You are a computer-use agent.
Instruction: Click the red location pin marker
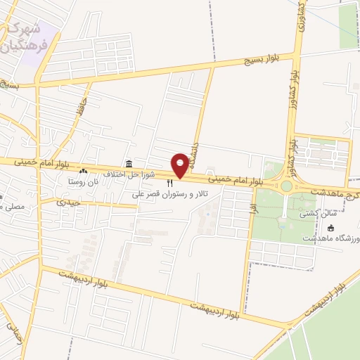pyautogui.click(x=181, y=162)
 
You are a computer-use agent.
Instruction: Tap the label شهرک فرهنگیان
pyautogui.click(x=25, y=38)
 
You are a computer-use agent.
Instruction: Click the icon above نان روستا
pyautogui.click(x=84, y=171)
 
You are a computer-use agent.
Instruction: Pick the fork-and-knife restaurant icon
pyautogui.click(x=169, y=184)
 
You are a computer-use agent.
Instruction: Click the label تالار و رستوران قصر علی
pyautogui.click(x=170, y=193)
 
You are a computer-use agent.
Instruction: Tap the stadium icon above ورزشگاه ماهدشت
pyautogui.click(x=332, y=227)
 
